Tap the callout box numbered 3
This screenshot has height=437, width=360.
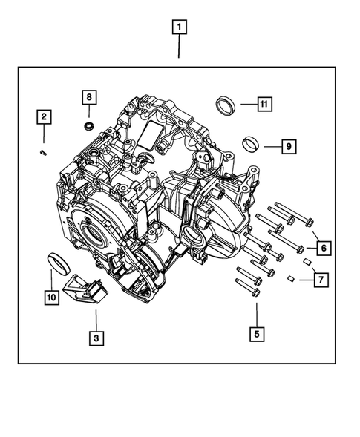(95, 338)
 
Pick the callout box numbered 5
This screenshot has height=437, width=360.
(256, 334)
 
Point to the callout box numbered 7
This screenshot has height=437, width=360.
(321, 280)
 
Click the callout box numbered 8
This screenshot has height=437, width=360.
(88, 97)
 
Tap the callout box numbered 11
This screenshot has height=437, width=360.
(264, 104)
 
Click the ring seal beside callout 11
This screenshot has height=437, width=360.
(226, 105)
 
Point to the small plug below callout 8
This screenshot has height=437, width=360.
(89, 126)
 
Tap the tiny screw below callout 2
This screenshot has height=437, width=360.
(44, 152)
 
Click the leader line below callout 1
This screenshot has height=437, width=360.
(178, 47)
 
